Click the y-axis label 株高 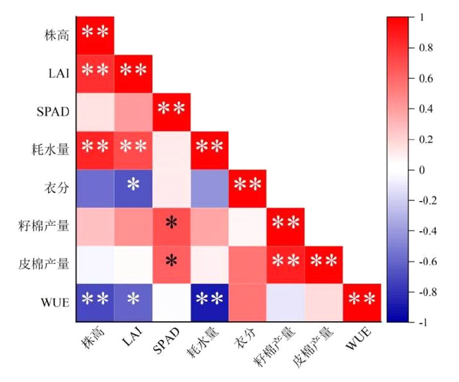55,33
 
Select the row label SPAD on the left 53,111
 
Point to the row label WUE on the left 53,301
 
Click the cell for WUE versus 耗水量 209,302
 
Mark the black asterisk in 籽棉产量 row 171,224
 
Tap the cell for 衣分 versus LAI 133,186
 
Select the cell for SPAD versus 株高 95,110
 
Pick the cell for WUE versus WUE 362,302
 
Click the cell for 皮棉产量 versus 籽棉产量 286,263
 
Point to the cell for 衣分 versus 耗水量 209,186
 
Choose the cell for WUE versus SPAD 171,302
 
